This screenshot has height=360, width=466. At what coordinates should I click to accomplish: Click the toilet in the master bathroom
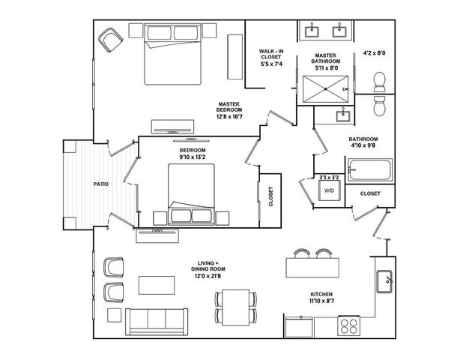tap(380, 79)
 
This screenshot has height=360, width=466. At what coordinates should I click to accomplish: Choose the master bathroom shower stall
tap(327, 88)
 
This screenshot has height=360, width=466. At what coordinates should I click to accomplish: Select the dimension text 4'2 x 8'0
tap(374, 53)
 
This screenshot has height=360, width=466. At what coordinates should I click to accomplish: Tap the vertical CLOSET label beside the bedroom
tap(270, 196)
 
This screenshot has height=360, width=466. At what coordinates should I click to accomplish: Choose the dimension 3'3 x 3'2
tap(329, 177)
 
